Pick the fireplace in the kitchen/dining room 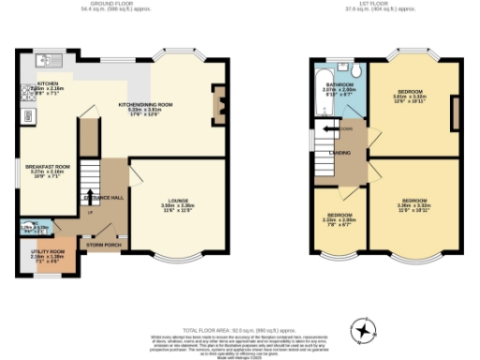tap(218, 97)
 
